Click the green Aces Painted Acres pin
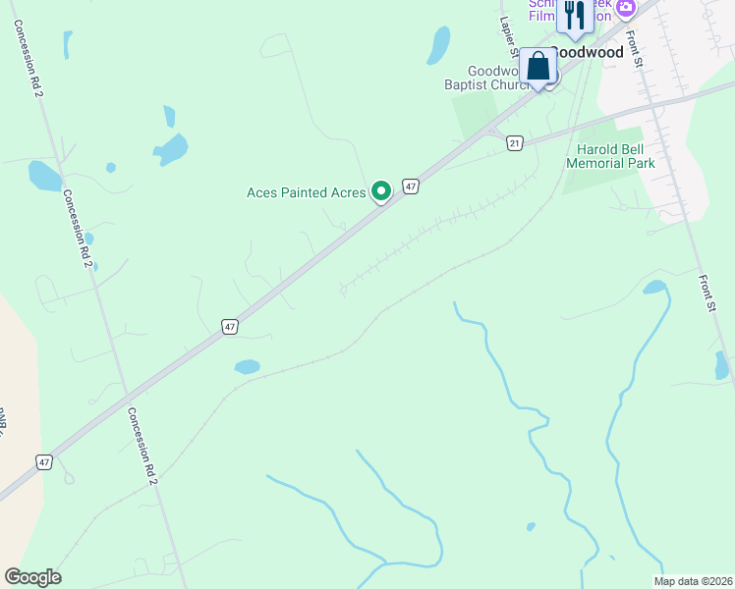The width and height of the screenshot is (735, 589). coord(381,191)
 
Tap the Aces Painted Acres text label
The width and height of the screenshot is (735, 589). coord(306,192)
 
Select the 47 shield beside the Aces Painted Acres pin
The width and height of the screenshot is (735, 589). coord(412,186)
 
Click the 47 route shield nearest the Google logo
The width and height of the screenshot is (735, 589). coord(43,461)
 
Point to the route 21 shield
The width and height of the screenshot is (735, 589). coord(515,143)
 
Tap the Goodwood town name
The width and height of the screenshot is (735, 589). coord(589,52)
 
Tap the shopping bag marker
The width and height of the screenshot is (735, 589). coord(537,67)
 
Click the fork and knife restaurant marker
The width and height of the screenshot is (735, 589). coord(574,16)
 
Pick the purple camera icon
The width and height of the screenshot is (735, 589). coord(626,8)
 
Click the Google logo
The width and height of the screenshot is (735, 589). coord(32,577)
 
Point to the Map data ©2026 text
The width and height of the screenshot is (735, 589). coord(693,581)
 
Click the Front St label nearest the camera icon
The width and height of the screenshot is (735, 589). coord(637,49)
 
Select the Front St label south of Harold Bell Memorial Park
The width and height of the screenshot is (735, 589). coord(707,293)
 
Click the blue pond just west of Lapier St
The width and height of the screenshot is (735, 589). coord(438,44)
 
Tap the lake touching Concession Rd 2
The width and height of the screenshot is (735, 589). coord(44,176)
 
